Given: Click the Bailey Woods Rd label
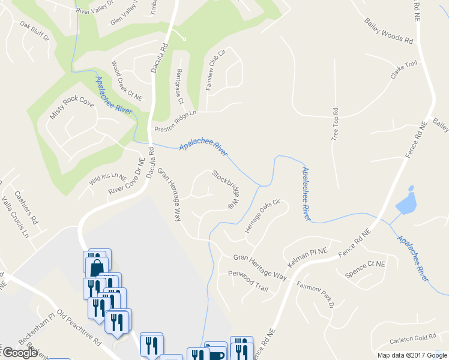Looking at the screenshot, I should pyautogui.click(x=389, y=31).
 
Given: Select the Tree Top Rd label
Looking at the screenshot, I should pyautogui.click(x=335, y=124).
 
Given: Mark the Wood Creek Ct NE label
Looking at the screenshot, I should pyautogui.click(x=127, y=80).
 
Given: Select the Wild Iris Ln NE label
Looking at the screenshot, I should pyautogui.click(x=108, y=178).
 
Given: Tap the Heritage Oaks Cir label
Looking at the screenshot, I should pyautogui.click(x=262, y=216).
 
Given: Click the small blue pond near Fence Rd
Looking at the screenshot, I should pyautogui.click(x=406, y=203).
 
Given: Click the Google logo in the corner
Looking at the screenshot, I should pyautogui.click(x=20, y=353).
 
